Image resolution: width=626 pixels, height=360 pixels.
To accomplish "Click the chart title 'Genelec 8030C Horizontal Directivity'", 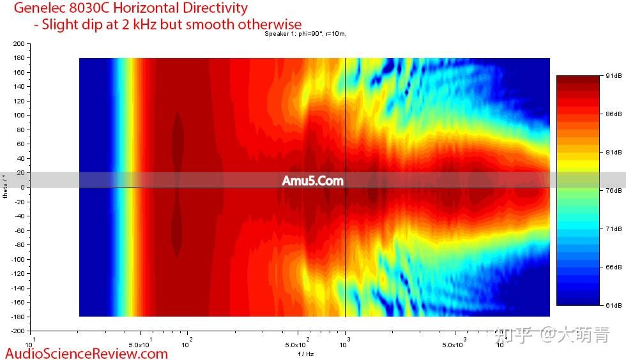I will tap(130, 8).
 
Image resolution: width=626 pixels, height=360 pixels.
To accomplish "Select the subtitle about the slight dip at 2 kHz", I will tap(167, 24).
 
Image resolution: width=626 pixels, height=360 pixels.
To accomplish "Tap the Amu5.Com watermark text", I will tap(312, 181).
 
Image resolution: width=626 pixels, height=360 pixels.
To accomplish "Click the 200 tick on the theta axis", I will tap(17, 44).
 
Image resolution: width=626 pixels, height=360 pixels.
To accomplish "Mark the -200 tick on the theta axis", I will tap(16, 331).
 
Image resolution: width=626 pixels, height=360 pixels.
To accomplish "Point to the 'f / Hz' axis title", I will tap(306, 354).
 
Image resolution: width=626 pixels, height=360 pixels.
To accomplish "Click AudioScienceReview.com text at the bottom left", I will tap(86, 353).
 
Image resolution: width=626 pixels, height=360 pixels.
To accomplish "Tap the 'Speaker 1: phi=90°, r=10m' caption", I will tap(306, 34).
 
